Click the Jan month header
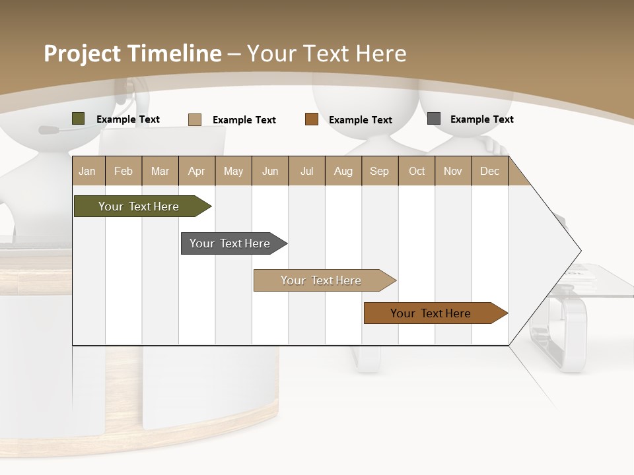coord(87,171)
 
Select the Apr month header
coord(196,171)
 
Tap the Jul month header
coord(306,171)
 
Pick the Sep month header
coord(379,171)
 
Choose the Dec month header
coord(489,171)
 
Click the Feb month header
coord(123,171)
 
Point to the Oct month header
coord(417,171)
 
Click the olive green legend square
coord(79,119)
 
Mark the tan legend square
coord(195,119)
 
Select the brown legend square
coord(312,119)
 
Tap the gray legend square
coord(434,119)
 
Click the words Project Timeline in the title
coord(132,53)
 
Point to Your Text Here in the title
coord(327,53)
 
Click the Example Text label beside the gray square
coord(481,119)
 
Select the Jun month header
coord(269,171)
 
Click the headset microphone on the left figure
coord(49,130)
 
